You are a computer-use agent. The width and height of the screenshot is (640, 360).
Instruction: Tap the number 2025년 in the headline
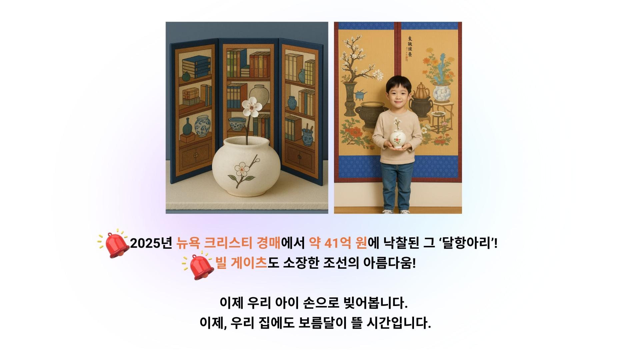151,244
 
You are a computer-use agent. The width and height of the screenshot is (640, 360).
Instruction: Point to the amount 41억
339,244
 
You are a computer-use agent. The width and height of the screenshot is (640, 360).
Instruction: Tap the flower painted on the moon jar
242,170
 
